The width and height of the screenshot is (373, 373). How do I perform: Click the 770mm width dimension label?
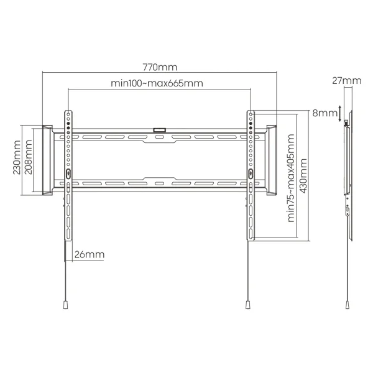[160, 67]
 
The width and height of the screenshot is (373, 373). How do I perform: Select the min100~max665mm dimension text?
[157, 83]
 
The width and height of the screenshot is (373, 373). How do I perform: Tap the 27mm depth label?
[347, 81]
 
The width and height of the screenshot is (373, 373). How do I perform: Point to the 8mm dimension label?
[325, 113]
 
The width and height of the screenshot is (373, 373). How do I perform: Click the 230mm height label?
[17, 157]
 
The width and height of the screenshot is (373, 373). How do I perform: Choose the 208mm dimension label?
[29, 157]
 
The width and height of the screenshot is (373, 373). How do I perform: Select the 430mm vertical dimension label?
[303, 176]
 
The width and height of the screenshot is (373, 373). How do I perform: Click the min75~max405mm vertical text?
[291, 178]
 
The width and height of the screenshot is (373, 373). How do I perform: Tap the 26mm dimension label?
[90, 254]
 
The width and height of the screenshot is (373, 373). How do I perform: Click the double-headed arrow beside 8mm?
[340, 114]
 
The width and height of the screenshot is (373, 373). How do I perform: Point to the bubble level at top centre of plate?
[159, 130]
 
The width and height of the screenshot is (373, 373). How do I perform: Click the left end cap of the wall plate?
[47, 160]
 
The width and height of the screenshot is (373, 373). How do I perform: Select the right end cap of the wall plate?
[272, 160]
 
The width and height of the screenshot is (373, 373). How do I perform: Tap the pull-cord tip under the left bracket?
[66, 305]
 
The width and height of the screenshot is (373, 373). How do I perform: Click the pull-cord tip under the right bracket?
[248, 305]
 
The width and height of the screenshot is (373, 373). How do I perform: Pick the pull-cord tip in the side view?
[348, 305]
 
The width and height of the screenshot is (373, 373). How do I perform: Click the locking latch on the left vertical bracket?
[68, 173]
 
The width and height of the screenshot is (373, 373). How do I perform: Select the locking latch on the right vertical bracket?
[251, 173]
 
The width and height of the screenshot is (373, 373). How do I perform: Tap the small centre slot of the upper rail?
[159, 137]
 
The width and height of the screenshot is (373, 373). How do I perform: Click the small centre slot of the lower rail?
[159, 183]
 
